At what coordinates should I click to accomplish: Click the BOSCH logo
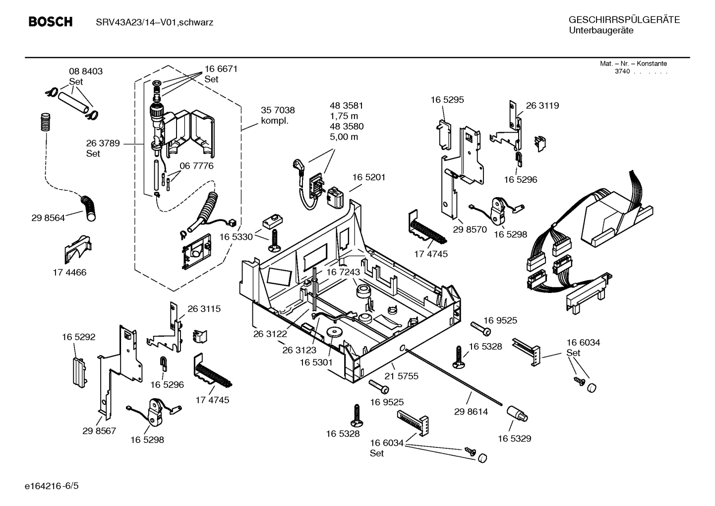pyautogui.click(x=51, y=22)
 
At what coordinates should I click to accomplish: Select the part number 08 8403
pyautogui.click(x=85, y=72)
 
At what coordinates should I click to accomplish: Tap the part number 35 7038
pyautogui.click(x=278, y=110)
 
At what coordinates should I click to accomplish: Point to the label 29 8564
pyautogui.click(x=48, y=217)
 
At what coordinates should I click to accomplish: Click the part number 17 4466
pyautogui.click(x=69, y=273)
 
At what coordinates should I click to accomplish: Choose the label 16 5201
pyautogui.click(x=369, y=177)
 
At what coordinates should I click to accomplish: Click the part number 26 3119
pyautogui.click(x=542, y=105)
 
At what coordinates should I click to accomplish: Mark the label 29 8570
pyautogui.click(x=470, y=229)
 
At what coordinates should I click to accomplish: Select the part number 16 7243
pyautogui.click(x=343, y=272)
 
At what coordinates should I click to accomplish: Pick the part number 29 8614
pyautogui.click(x=471, y=412)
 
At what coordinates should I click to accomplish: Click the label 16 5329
pyautogui.click(x=514, y=438)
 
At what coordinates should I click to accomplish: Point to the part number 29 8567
pyautogui.click(x=99, y=431)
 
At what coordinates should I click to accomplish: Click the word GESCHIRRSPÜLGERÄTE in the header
pyautogui.click(x=624, y=20)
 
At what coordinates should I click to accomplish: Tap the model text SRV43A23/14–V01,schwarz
pyautogui.click(x=154, y=22)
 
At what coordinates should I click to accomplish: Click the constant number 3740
pyautogui.click(x=622, y=72)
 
